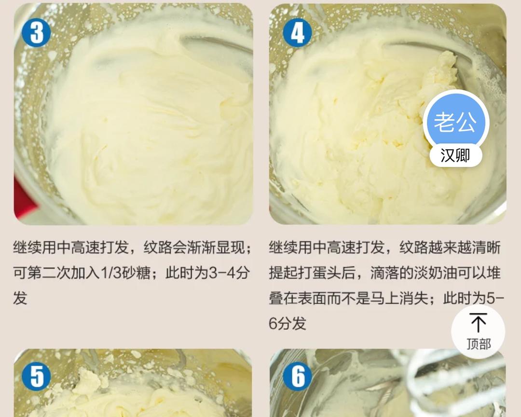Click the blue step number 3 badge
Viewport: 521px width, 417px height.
click(36, 33)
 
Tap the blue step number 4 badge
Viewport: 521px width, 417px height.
click(297, 33)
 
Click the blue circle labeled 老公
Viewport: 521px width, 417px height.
click(456, 122)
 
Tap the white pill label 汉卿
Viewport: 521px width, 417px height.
click(455, 155)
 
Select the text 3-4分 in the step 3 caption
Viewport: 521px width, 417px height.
click(229, 273)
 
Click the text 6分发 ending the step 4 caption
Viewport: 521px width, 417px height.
click(288, 323)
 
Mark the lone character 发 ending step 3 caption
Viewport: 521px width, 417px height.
click(20, 298)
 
